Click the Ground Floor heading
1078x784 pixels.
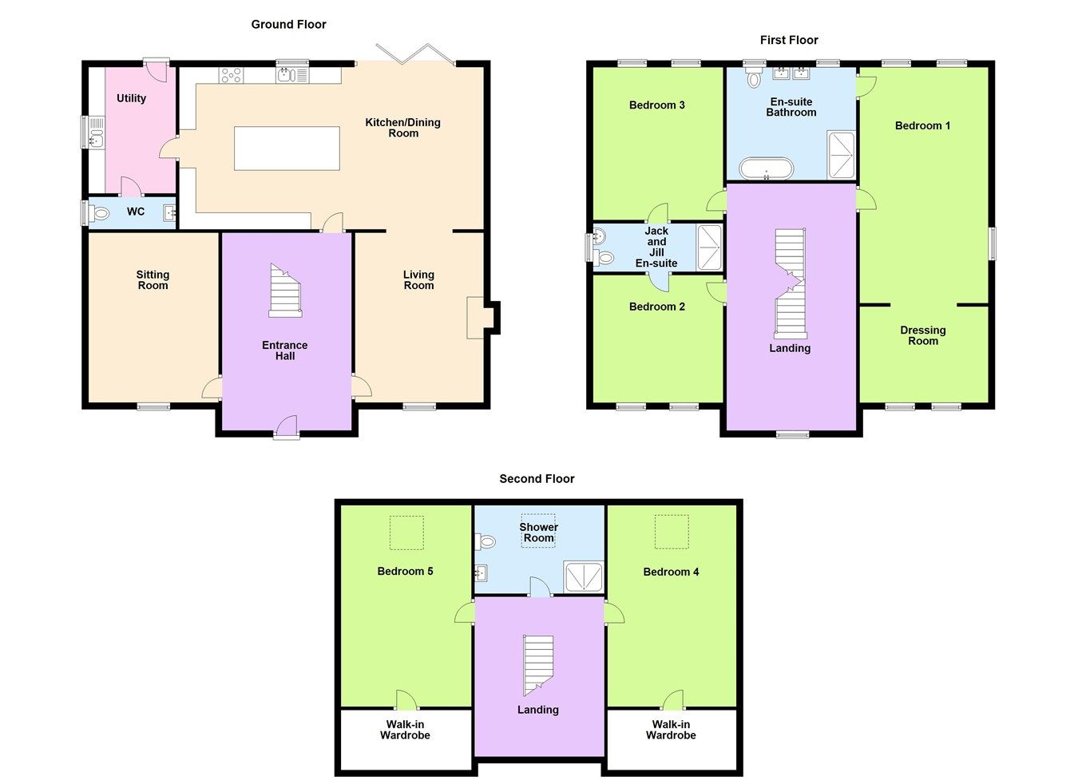[x=288, y=25]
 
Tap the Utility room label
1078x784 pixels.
[x=132, y=98]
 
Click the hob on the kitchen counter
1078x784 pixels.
[x=231, y=75]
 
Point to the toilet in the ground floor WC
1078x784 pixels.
[x=99, y=213]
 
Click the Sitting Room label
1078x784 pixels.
[x=153, y=280]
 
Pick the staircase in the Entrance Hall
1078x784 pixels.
[x=285, y=291]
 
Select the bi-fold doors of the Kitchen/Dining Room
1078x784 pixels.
[x=415, y=53]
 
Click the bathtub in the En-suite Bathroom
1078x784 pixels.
[x=767, y=168]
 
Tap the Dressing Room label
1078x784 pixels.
[x=923, y=335]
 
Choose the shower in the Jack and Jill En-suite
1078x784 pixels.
[x=709, y=247]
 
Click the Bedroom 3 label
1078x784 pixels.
[x=656, y=105]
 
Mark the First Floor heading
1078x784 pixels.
[x=789, y=40]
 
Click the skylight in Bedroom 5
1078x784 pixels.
[x=406, y=533]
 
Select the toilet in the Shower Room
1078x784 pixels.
[x=485, y=541]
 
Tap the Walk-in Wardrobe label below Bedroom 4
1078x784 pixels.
[x=671, y=730]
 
